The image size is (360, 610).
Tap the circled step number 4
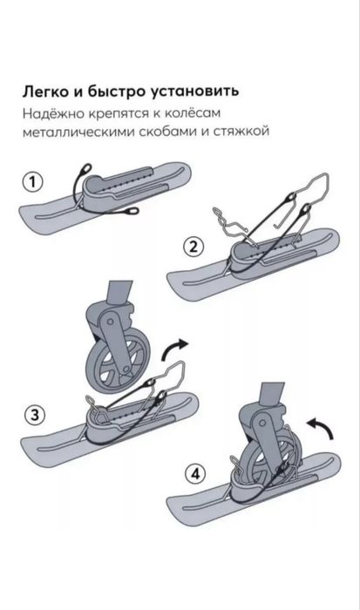191,476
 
